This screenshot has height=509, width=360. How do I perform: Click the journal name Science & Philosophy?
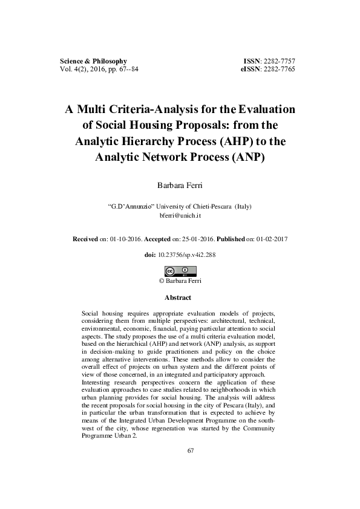pos(93,62)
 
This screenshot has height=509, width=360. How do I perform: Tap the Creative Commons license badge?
pos(180,271)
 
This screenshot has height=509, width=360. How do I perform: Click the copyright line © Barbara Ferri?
pos(180,280)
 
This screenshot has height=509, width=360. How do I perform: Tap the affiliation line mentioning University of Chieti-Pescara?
pos(180,206)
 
